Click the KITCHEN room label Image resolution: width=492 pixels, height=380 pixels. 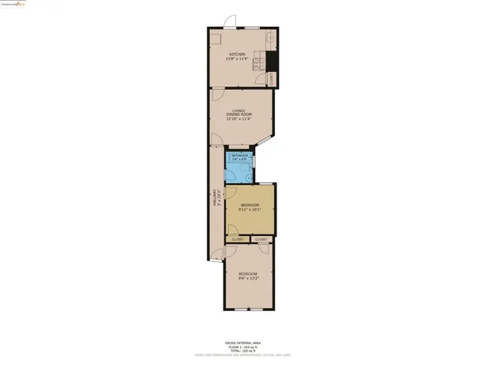coord(226,54)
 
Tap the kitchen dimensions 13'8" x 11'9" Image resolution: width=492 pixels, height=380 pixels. coord(226,59)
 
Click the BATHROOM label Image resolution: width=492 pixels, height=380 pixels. coord(240,155)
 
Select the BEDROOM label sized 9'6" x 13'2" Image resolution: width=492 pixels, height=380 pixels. coord(248,274)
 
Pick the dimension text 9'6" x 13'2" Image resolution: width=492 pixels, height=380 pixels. coord(248,279)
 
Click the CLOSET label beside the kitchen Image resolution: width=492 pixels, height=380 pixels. coord(273,78)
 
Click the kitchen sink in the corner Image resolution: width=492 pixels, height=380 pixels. coord(270,37)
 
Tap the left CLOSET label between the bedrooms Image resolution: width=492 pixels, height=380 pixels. coord(238,239)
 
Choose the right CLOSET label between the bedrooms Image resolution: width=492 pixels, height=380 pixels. coord(261,239)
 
